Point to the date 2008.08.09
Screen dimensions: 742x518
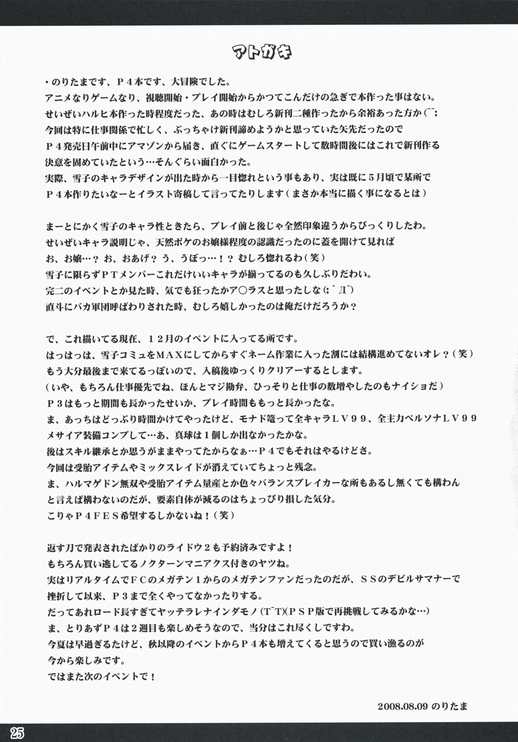(x=402, y=706)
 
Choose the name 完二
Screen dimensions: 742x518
(x=54, y=290)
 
